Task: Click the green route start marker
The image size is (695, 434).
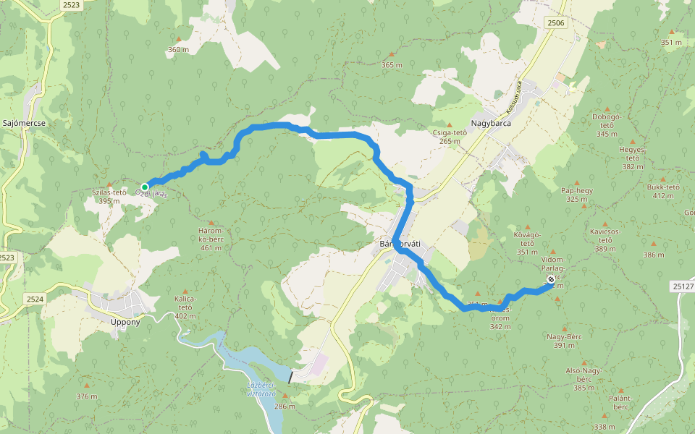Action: [x=145, y=187]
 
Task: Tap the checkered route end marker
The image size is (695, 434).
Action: [x=550, y=279]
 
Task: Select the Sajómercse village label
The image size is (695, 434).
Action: [x=25, y=123]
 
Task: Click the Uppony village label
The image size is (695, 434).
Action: [x=125, y=321]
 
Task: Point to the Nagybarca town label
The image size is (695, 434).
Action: [x=491, y=123]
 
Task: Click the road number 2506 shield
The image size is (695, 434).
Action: [x=556, y=24]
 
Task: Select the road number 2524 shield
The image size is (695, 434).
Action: [x=35, y=298]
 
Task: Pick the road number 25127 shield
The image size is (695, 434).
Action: [x=682, y=286]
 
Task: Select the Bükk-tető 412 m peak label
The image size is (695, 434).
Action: [x=663, y=191]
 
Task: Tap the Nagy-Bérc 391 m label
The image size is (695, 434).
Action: [x=565, y=341]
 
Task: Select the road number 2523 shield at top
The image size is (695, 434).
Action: [x=72, y=5]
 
